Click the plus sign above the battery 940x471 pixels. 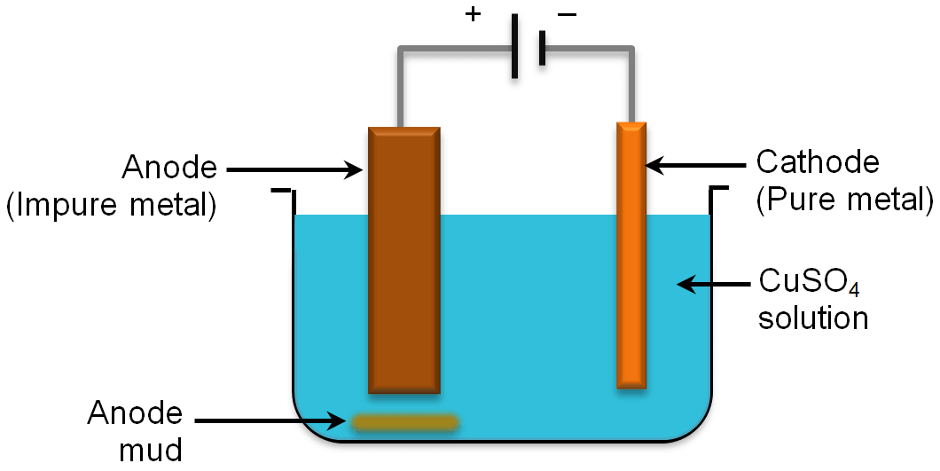(474, 16)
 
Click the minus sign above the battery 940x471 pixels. (567, 16)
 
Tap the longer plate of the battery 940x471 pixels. (515, 49)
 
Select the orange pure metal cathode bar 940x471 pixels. (631, 257)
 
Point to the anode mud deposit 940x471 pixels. (404, 423)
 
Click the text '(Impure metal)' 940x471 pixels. (112, 206)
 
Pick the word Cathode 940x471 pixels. (817, 163)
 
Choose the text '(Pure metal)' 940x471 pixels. (844, 201)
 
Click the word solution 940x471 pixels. (812, 317)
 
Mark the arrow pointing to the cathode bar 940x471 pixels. (695, 164)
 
